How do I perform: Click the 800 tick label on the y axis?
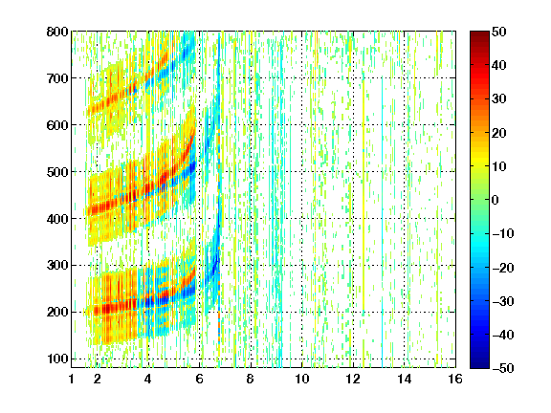click(57, 32)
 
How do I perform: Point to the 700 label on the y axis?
click(57, 78)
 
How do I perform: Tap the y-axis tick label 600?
click(57, 125)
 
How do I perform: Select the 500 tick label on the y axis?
click(57, 172)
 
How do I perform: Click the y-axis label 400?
click(57, 219)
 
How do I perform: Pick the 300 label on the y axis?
click(57, 265)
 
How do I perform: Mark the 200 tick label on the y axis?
click(57, 312)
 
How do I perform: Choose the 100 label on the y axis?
click(57, 359)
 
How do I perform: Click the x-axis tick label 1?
click(72, 379)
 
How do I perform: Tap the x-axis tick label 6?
click(200, 379)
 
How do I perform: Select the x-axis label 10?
click(302, 379)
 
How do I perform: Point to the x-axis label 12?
click(353, 379)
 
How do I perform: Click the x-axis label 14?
click(405, 379)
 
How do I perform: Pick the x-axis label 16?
click(455, 379)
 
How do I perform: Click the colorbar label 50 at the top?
click(499, 32)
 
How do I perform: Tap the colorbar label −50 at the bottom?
click(503, 368)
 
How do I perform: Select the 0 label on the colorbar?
click(495, 200)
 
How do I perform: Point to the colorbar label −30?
click(503, 301)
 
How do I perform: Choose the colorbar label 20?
click(499, 133)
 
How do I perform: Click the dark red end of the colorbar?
click(479, 35)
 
